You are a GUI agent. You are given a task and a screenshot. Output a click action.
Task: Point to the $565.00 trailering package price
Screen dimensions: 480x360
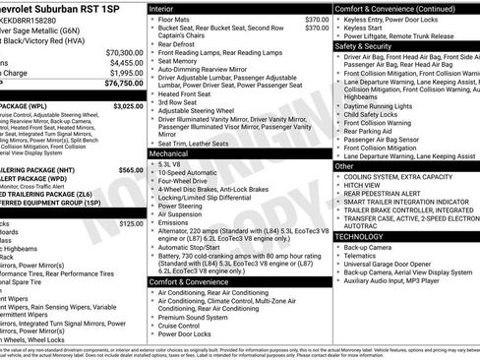click(131, 170)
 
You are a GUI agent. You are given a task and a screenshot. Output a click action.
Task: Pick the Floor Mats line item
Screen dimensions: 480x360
click(179, 19)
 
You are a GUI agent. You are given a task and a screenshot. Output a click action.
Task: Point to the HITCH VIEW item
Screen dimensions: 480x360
click(362, 185)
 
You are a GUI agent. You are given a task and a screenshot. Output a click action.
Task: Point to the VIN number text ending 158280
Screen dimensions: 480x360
click(36, 20)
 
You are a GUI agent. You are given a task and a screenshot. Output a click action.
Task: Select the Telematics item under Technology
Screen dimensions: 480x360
click(365, 256)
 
